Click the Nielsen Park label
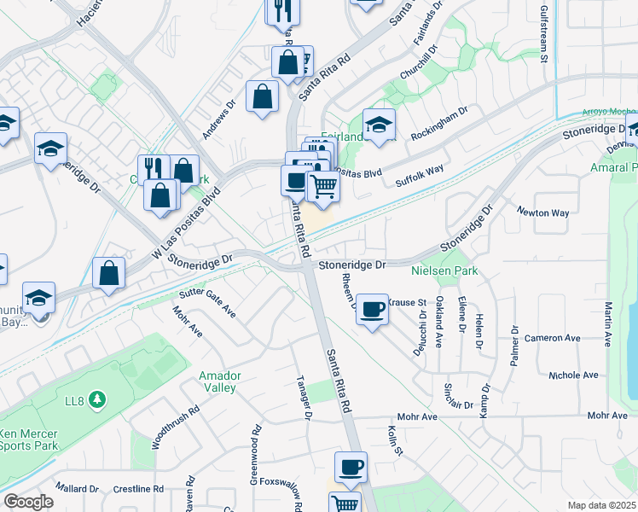[x=443, y=272]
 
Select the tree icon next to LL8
[x=98, y=399]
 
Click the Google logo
[x=28, y=502]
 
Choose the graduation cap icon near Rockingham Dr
[x=379, y=124]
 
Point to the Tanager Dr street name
[x=303, y=398]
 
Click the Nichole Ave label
[x=573, y=375]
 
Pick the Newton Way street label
[x=542, y=213]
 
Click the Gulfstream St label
[x=543, y=35]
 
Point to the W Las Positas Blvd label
[x=185, y=226]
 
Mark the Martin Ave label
[x=609, y=323]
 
